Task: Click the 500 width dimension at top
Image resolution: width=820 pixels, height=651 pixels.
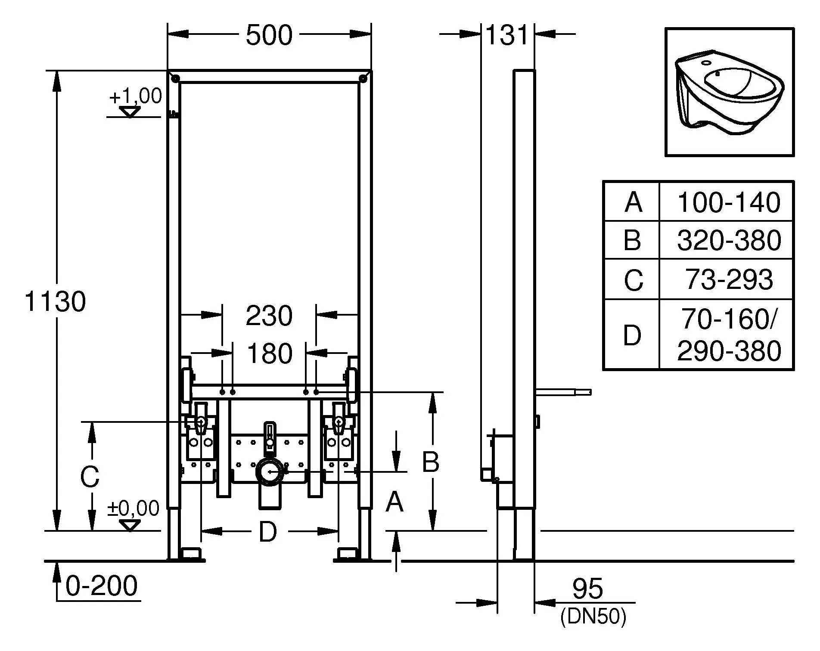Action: [269, 35]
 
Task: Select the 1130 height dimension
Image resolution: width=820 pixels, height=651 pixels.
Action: [55, 301]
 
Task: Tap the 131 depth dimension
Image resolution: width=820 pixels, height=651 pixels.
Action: [506, 35]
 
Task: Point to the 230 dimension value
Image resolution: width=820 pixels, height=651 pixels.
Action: [269, 316]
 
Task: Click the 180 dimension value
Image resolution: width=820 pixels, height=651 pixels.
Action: [270, 353]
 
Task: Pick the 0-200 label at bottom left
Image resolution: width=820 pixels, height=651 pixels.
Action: [102, 586]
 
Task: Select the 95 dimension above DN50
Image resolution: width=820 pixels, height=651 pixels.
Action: [587, 589]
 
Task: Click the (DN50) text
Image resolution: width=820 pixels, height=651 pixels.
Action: [593, 617]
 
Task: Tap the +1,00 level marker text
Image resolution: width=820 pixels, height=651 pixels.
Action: [135, 96]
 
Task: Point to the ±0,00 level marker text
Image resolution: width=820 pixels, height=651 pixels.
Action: [133, 508]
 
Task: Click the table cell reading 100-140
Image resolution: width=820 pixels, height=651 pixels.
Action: [728, 202]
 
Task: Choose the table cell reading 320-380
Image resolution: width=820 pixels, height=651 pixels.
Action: [728, 240]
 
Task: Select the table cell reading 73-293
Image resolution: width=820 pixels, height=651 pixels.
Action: [728, 279]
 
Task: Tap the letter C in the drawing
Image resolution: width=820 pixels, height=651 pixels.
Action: [90, 477]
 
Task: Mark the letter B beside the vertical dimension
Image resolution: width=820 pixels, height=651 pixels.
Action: [430, 462]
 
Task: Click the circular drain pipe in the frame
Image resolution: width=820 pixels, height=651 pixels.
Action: [270, 471]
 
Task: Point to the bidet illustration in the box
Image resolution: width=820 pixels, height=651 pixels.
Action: [729, 92]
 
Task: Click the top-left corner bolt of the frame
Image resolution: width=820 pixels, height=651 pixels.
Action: [176, 78]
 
